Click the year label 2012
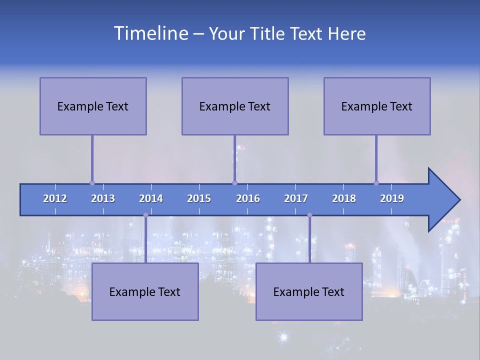[x=55, y=198]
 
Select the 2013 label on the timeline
[x=103, y=198]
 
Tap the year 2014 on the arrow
[x=151, y=198]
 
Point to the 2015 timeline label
[x=199, y=198]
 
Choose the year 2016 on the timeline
[x=248, y=198]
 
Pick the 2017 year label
[x=296, y=198]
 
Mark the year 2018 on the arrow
[x=344, y=198]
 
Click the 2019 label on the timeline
[x=392, y=198]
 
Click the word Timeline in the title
[x=150, y=33]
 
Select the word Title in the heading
[x=268, y=34]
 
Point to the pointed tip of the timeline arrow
[x=459, y=200]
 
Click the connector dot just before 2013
[x=92, y=183]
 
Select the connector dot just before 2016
[x=234, y=183]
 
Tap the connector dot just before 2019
[x=376, y=183]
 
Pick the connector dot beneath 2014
[x=145, y=215]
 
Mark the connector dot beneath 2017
[x=309, y=215]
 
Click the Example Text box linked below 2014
[x=145, y=291]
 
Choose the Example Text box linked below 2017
[x=309, y=291]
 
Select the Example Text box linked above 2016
[x=235, y=106]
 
